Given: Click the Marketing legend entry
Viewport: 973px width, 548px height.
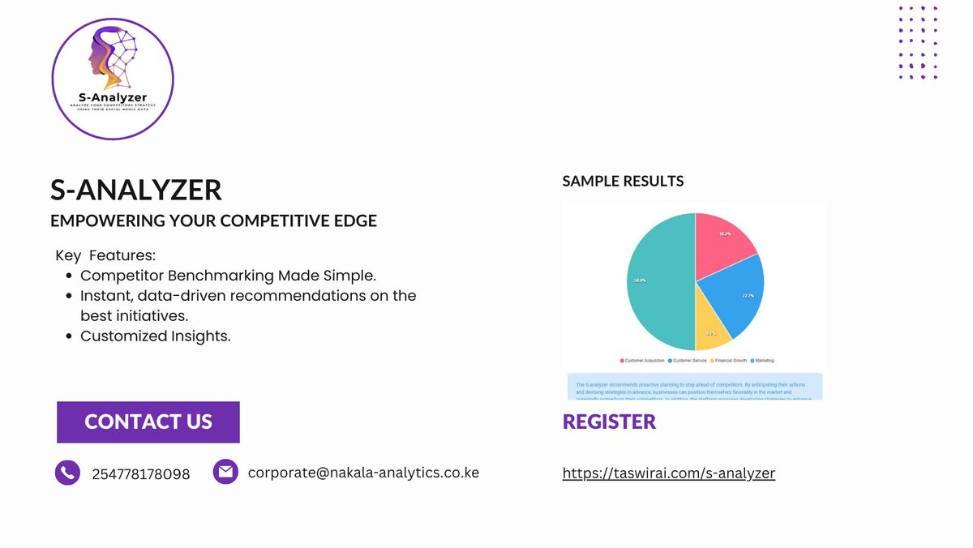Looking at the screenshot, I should coord(762,360).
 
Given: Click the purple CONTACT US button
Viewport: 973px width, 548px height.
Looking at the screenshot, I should coord(148,422).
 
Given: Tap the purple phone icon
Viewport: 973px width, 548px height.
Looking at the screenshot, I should coord(67,473).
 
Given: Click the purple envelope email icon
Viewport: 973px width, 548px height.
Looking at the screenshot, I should coord(225,471).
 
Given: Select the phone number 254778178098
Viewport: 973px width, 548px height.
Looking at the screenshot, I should coord(141,474).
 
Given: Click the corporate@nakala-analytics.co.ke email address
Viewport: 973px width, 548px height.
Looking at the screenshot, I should coord(363,472).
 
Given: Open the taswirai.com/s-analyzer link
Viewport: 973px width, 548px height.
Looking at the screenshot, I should coord(669,473).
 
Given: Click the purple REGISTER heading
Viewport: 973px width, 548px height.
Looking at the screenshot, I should coord(609,422).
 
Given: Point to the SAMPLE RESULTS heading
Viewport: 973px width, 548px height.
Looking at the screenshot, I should coord(623,181).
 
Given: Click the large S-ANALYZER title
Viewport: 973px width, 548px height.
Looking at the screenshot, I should coord(135,190).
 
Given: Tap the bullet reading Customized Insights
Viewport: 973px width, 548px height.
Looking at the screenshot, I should coord(156,336).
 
